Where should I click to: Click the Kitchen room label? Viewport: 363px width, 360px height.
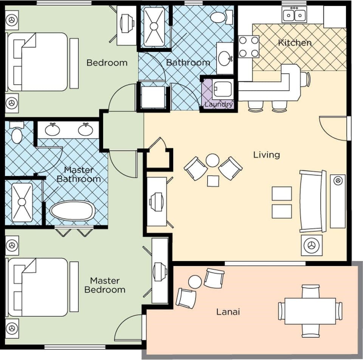tap(295, 43)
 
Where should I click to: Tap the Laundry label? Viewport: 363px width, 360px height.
tap(219, 105)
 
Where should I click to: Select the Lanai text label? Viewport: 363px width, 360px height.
tap(228, 312)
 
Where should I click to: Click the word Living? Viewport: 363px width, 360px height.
tap(266, 155)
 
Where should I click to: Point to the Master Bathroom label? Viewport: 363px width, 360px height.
tap(79, 175)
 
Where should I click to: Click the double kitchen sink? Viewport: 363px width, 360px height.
tap(294, 15)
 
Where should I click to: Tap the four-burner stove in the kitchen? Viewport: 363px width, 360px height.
tap(249, 46)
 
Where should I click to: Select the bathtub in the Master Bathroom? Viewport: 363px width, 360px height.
tap(72, 210)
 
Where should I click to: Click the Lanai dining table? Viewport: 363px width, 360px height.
tap(310, 311)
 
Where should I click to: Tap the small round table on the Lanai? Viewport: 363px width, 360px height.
tap(195, 282)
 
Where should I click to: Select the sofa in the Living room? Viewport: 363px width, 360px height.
tap(313, 201)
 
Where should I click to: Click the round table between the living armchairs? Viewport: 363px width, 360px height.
tap(213, 160)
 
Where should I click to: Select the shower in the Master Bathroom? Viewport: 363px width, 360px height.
tap(22, 202)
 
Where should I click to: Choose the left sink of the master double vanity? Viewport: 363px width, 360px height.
tap(52, 130)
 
